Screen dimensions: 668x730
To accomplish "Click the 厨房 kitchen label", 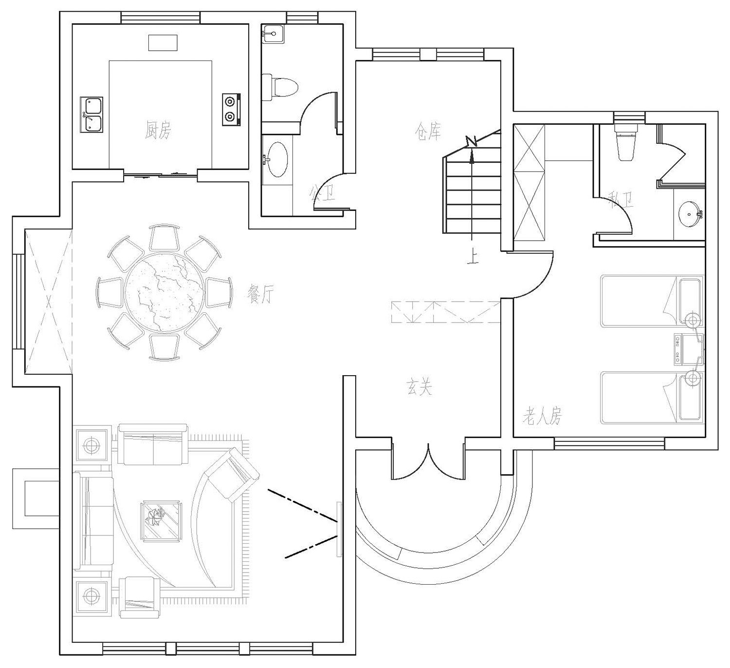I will click(158, 130).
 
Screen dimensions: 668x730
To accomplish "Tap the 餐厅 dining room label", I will click(261, 294).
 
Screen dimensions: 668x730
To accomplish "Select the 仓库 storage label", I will click(428, 131).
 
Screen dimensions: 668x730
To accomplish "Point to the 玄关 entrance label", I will click(419, 387).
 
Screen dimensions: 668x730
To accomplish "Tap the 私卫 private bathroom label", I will click(621, 200).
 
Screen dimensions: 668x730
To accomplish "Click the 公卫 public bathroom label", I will click(322, 194).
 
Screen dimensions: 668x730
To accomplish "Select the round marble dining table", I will click(164, 292).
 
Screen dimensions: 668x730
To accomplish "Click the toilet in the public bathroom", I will click(280, 88).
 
